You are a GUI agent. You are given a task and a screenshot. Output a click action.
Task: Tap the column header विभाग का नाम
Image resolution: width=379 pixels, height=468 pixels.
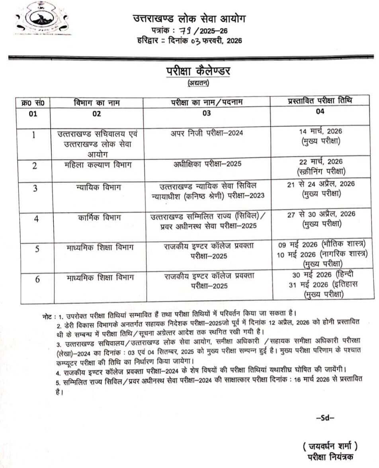click(x=97, y=103)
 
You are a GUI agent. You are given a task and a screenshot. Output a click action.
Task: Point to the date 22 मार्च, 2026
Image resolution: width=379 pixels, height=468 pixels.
click(x=321, y=162)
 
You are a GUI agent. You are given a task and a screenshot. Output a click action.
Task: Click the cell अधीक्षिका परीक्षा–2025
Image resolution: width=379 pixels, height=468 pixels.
click(x=206, y=164)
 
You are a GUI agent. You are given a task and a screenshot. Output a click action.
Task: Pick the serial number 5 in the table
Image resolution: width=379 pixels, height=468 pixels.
click(x=37, y=249)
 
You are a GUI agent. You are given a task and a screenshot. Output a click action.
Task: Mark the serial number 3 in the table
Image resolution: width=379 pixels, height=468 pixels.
click(x=35, y=188)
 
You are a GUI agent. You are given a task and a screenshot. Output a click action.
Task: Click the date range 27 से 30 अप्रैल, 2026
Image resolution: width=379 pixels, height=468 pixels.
click(x=321, y=215)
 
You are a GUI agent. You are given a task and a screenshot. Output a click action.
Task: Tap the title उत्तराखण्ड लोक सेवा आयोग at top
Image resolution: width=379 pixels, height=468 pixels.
click(x=189, y=18)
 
